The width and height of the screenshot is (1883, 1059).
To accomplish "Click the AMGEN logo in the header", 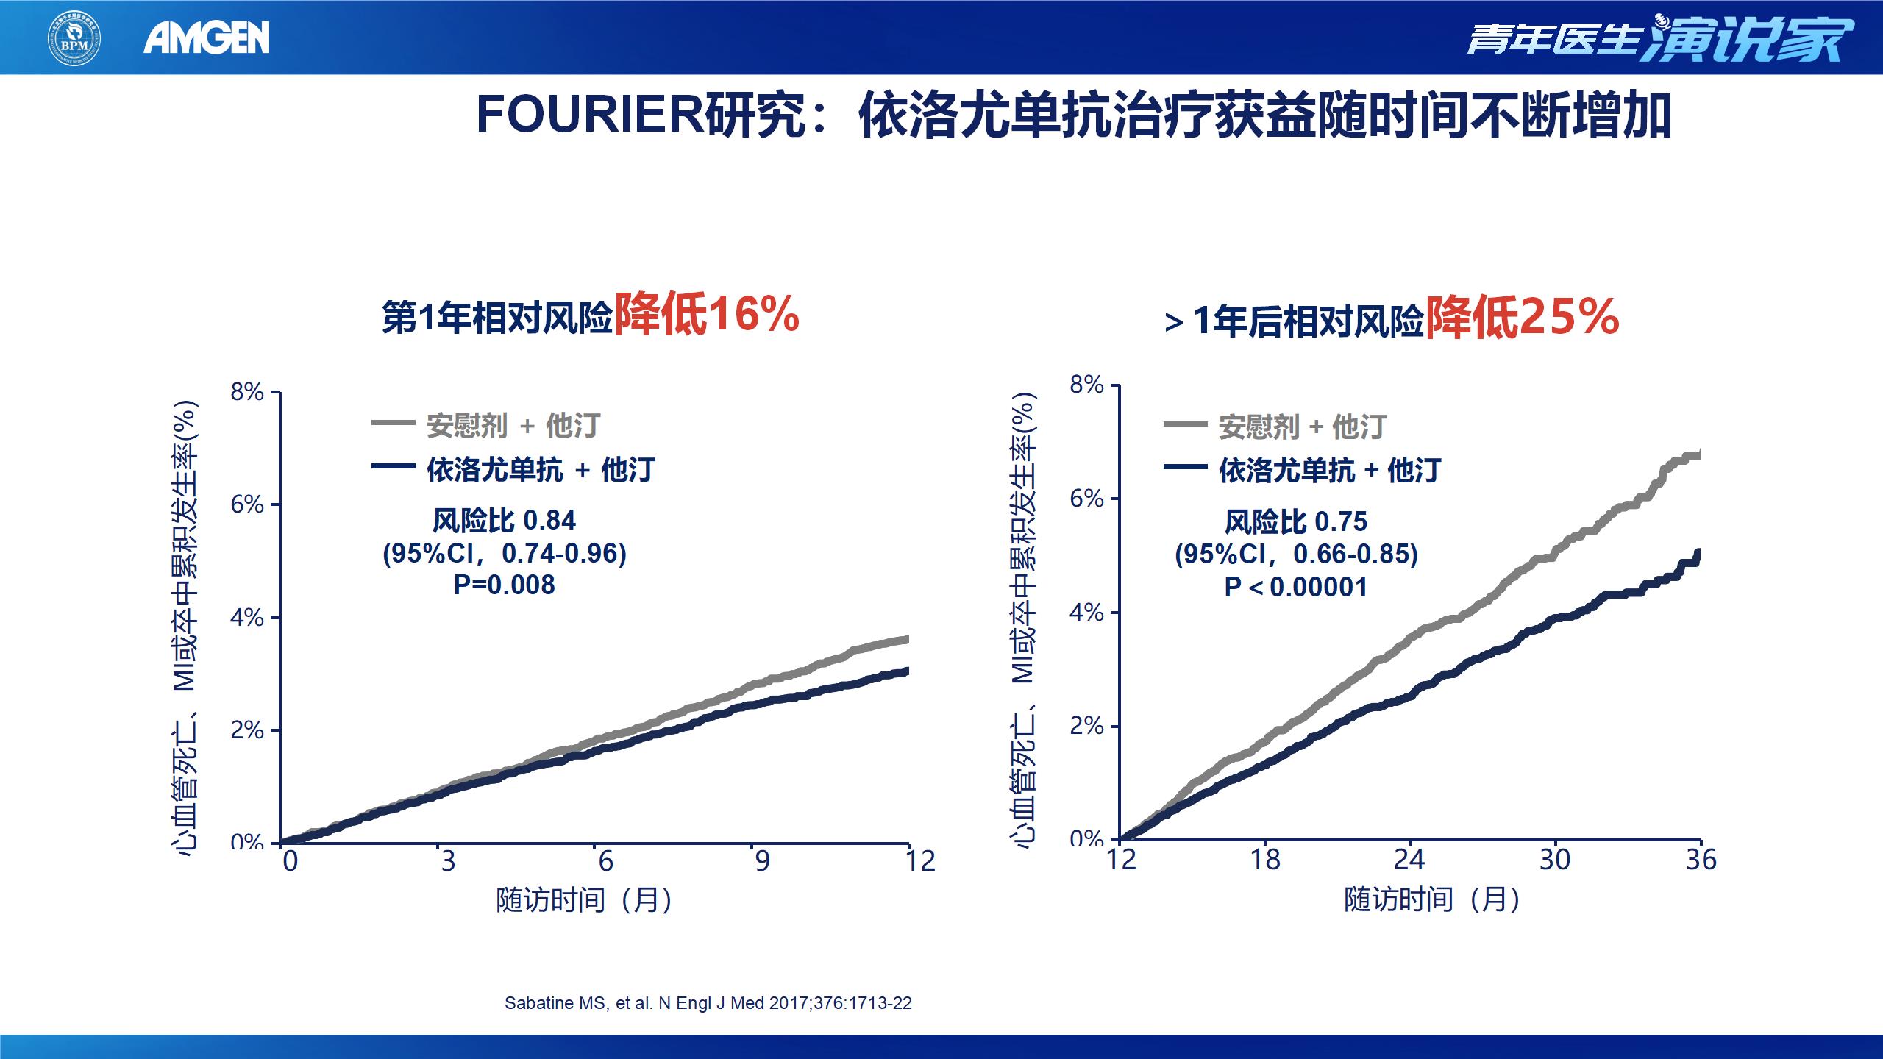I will tap(207, 38).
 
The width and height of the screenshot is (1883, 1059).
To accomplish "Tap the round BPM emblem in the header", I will tap(74, 38).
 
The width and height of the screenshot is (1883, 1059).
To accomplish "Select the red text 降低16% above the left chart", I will tap(707, 315).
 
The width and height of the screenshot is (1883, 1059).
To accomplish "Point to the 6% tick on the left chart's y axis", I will tap(248, 504).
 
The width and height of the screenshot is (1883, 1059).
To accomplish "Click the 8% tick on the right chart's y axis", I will tap(1087, 385).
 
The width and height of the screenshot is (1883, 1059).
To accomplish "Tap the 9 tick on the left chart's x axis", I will tap(762, 861).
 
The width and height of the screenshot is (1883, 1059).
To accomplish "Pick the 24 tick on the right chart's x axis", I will tap(1409, 860).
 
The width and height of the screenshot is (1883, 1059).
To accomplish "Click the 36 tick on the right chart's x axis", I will tap(1701, 860).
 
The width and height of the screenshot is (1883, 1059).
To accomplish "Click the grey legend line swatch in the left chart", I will tap(394, 424).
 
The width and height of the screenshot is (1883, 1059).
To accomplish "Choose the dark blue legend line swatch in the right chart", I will tap(1185, 467).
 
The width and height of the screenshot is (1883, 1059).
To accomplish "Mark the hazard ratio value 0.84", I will tap(549, 521).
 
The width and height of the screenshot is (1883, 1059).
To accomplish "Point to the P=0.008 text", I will tap(505, 585).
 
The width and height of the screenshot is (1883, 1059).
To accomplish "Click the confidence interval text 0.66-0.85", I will tap(1355, 555).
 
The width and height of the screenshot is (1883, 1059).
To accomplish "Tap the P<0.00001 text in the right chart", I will tap(1296, 588).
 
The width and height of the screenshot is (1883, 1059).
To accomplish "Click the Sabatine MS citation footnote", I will tap(708, 1003).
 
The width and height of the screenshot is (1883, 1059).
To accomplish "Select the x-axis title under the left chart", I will tap(584, 900).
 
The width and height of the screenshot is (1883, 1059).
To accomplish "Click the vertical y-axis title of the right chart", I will tap(1024, 621).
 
